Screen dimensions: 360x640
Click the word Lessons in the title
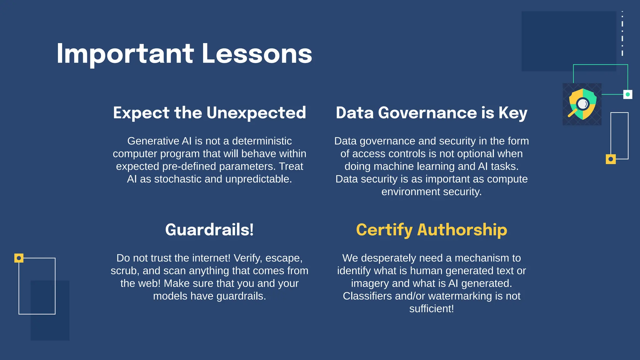[x=257, y=54]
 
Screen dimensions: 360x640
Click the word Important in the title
[x=125, y=54]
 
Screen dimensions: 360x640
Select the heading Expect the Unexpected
[x=209, y=112]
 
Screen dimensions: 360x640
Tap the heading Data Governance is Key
[x=432, y=112]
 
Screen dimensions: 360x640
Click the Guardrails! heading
[x=209, y=230]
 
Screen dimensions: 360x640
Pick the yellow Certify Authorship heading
[x=432, y=230]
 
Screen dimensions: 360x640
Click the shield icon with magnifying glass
[x=582, y=104]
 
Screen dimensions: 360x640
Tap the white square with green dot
[x=627, y=94]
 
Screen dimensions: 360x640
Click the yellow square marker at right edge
[x=611, y=159]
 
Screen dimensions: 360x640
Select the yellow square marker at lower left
[x=19, y=258]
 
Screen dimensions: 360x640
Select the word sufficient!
[x=432, y=309]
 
